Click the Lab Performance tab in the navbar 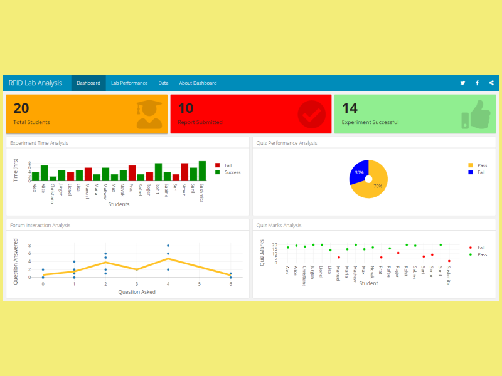coord(129,83)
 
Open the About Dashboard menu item coord(198,83)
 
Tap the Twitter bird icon coord(462,83)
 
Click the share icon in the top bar coord(491,83)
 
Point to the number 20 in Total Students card coord(21,108)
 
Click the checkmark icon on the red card coord(311,113)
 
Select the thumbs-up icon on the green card coord(474,114)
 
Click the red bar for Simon coord(184,172)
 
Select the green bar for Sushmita coord(202,171)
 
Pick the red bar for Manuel coord(88,174)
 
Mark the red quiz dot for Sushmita coord(449,261)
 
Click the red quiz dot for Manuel coord(339,258)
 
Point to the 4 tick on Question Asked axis coord(168,284)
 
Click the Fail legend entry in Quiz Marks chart coord(481,248)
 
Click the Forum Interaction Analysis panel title coord(40,225)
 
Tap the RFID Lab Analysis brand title coord(36,83)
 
